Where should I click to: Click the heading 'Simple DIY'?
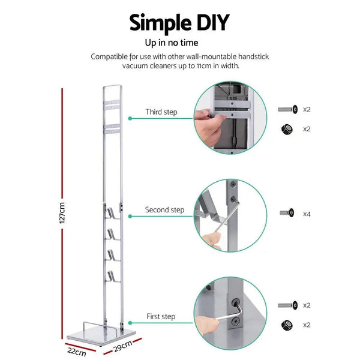click(x=180, y=22)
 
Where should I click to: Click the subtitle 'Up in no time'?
click(x=179, y=43)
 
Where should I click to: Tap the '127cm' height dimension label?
click(x=62, y=212)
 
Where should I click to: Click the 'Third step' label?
click(x=161, y=112)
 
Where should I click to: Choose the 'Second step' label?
click(x=164, y=210)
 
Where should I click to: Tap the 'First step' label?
click(x=161, y=316)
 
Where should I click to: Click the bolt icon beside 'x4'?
click(x=287, y=213)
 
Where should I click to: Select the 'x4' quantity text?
click(x=307, y=214)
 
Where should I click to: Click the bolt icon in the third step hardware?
click(x=287, y=110)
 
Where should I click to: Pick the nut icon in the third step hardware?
click(x=287, y=128)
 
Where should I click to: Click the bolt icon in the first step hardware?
click(x=287, y=305)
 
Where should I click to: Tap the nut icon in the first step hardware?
click(x=287, y=325)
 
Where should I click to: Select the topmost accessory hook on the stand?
click(x=113, y=211)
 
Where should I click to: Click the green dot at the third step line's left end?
click(x=130, y=119)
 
